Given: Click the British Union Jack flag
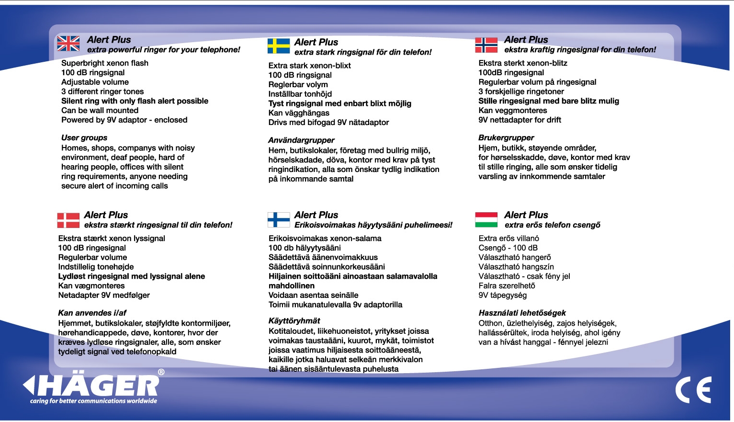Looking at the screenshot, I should pyautogui.click(x=68, y=44).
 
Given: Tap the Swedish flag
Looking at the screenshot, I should pyautogui.click(x=279, y=46).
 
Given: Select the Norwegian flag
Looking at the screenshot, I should pyautogui.click(x=486, y=45).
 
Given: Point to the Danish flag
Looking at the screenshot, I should pyautogui.click(x=68, y=220).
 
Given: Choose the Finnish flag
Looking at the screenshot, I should pyautogui.click(x=279, y=220).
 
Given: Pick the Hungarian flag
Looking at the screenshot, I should pyautogui.click(x=486, y=219).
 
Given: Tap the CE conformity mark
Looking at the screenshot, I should pyautogui.click(x=693, y=390).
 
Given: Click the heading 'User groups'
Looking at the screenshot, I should pyautogui.click(x=84, y=138).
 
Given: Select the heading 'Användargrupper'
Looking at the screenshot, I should pyautogui.click(x=301, y=140).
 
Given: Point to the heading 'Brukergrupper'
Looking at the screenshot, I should pyautogui.click(x=506, y=138).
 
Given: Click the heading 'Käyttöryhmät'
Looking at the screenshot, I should pyautogui.click(x=294, y=321).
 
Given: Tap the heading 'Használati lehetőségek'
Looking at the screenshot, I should pyautogui.click(x=522, y=313).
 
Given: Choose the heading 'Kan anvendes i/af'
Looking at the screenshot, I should pyautogui.click(x=92, y=313).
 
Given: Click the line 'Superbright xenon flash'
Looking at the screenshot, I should pyautogui.click(x=105, y=63).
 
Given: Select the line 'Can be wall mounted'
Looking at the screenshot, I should pyautogui.click(x=100, y=111).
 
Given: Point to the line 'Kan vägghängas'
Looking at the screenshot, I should pyautogui.click(x=299, y=113).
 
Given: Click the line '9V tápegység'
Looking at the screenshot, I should pyautogui.click(x=502, y=296).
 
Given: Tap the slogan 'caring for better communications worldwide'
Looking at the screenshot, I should pyautogui.click(x=93, y=401).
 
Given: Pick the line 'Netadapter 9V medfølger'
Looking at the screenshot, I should pyautogui.click(x=104, y=296).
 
